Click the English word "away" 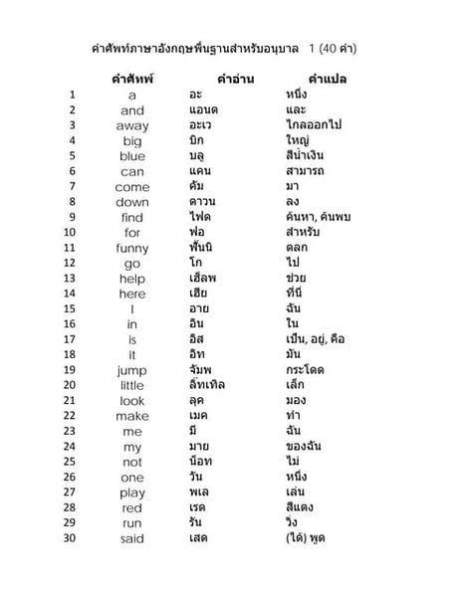pyautogui.click(x=132, y=126)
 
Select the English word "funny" pyautogui.click(x=132, y=248)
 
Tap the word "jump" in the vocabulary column pyautogui.click(x=132, y=370)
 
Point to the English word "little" pyautogui.click(x=132, y=386)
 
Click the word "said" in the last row pyautogui.click(x=132, y=538)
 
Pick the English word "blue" pyautogui.click(x=132, y=156)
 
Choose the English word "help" pyautogui.click(x=132, y=279)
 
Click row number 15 pyautogui.click(x=72, y=309)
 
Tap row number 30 pyautogui.click(x=72, y=538)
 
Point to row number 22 pyautogui.click(x=72, y=416)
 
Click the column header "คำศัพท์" pyautogui.click(x=131, y=78)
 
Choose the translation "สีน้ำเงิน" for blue pyautogui.click(x=305, y=156)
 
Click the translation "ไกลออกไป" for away pyautogui.click(x=311, y=126)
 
